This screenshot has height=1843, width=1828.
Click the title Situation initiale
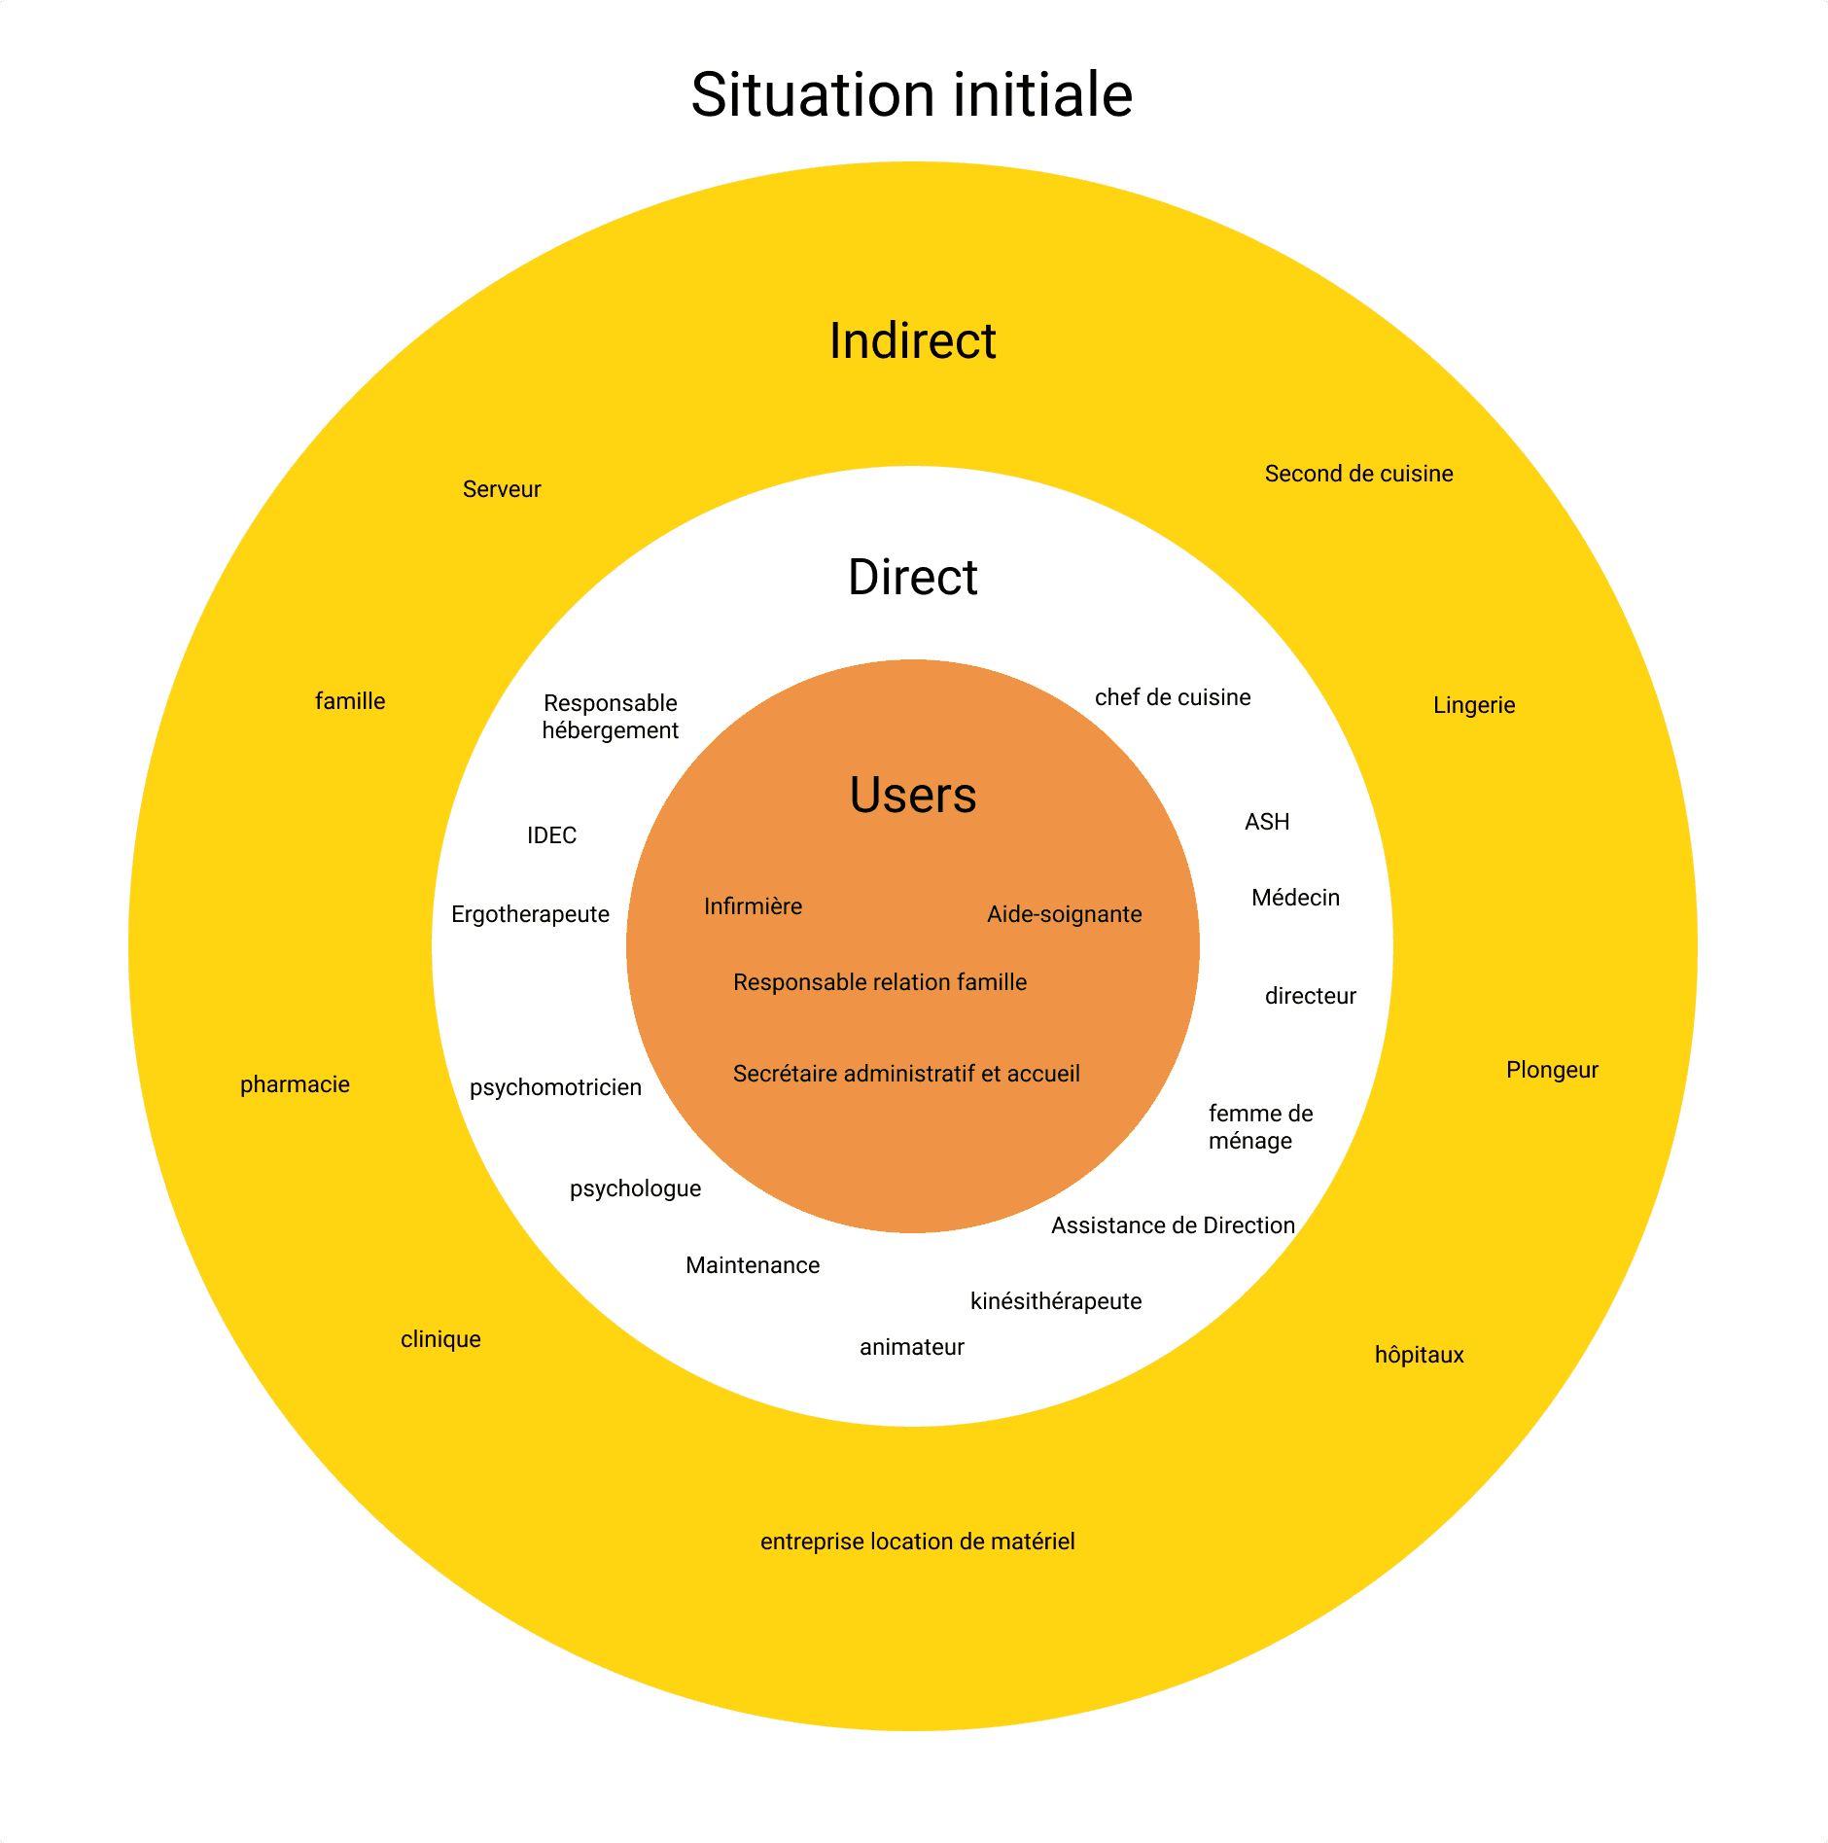(x=912, y=95)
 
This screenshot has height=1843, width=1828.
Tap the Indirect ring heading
(x=912, y=341)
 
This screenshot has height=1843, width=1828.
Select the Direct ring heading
(x=912, y=578)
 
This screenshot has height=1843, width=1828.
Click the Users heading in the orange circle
(x=912, y=795)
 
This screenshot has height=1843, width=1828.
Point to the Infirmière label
(x=753, y=906)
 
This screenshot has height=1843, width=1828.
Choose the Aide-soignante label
(x=1064, y=914)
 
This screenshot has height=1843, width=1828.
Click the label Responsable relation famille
(x=879, y=982)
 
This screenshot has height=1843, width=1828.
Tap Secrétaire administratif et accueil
(x=906, y=1074)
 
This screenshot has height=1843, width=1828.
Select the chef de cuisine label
(x=1173, y=697)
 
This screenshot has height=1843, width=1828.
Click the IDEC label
(x=551, y=835)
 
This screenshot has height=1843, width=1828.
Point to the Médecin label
(x=1295, y=898)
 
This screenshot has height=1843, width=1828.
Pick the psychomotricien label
(x=555, y=1087)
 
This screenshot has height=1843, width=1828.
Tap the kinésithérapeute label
(x=1056, y=1301)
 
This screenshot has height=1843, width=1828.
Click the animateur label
(x=911, y=1347)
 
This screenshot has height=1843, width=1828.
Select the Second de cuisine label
(x=1358, y=474)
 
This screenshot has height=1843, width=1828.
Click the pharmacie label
(x=295, y=1084)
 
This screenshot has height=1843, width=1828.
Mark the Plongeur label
(x=1552, y=1070)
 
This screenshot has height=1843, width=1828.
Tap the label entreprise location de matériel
(x=917, y=1542)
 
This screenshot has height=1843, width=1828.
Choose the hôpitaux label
(x=1419, y=1355)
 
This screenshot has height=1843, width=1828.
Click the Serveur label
(x=502, y=489)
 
